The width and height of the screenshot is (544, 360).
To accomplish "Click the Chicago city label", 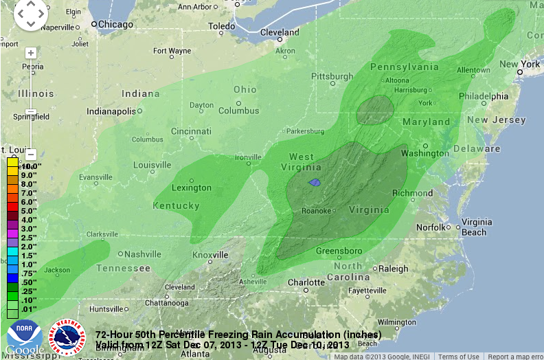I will [x=115, y=24].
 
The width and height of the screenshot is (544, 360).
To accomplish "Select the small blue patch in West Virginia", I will [x=315, y=183].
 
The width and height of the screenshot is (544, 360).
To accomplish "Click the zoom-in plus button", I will [x=30, y=53].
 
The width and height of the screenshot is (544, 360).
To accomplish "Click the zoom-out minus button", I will [x=30, y=154].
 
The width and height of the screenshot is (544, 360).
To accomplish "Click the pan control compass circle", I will [x=30, y=14].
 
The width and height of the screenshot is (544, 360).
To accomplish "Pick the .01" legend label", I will [x=27, y=309].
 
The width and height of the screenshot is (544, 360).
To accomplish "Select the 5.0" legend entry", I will [x=27, y=211].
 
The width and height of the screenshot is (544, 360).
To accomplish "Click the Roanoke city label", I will [x=317, y=210].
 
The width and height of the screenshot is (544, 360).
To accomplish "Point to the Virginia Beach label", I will [x=476, y=227].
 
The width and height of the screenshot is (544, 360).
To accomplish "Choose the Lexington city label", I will [x=191, y=188].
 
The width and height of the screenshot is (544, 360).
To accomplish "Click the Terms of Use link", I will [x=459, y=357].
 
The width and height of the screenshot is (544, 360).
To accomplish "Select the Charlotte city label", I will [x=306, y=282].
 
